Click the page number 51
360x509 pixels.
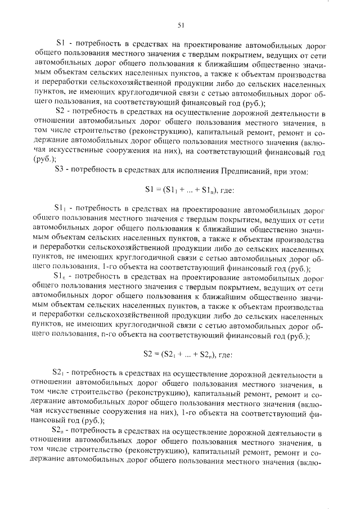[x=181, y=24]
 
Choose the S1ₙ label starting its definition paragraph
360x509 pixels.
[x=61, y=277]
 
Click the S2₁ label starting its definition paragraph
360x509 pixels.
[x=61, y=373]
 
